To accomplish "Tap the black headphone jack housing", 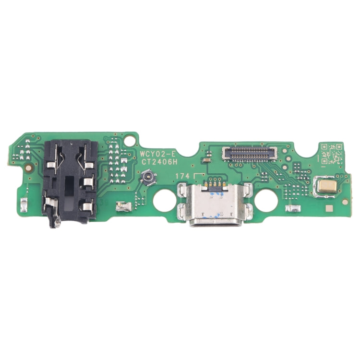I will pyautogui.click(x=70, y=180).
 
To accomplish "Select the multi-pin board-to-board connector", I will pyautogui.click(x=250, y=154).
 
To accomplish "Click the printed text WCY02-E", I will pyautogui.click(x=157, y=154).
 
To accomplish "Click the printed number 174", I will pyautogui.click(x=182, y=176).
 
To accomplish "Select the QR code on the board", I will pyautogui.click(x=331, y=153).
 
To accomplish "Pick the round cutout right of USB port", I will pyautogui.click(x=266, y=200).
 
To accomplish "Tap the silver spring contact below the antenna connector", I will pyautogui.click(x=124, y=207).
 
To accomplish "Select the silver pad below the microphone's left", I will pyautogui.click(x=291, y=209).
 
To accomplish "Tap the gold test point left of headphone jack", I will pyautogui.click(x=29, y=168).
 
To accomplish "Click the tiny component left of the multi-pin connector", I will pyautogui.click(x=209, y=154).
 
